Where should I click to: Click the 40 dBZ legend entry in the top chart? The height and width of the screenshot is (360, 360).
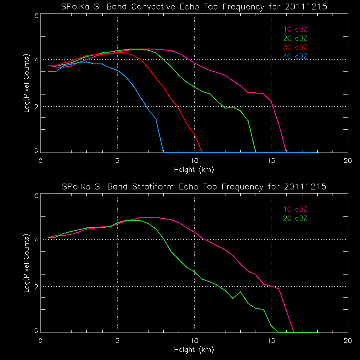tap(295, 56)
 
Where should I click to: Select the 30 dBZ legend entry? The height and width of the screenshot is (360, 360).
tap(295, 47)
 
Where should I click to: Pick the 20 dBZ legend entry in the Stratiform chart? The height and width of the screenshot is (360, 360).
tap(295, 218)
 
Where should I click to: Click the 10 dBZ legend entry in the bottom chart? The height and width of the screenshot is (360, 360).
tap(295, 209)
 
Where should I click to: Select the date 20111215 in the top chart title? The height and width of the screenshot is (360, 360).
tap(304, 7)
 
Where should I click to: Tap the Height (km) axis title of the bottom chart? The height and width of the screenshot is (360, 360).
tap(194, 349)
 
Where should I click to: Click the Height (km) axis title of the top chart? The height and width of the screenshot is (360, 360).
tap(194, 170)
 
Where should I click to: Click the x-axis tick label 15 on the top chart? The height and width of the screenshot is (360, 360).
tap(271, 161)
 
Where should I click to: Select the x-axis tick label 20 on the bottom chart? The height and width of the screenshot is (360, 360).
tap(347, 340)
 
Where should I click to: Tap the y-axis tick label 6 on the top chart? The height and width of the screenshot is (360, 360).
tap(36, 15)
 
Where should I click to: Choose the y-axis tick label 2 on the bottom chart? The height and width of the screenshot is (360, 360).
tap(36, 286)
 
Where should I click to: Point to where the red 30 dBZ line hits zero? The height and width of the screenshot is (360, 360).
tap(202, 152)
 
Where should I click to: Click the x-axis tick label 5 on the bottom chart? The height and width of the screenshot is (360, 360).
tap(117, 340)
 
